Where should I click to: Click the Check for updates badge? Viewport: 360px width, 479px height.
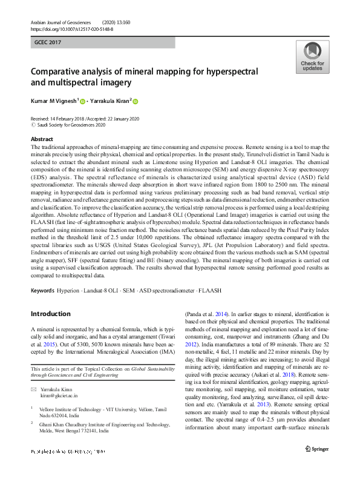[x=312, y=58]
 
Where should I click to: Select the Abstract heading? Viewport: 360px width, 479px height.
[x=42, y=139]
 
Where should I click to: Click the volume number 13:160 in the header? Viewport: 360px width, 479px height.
[x=129, y=22]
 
